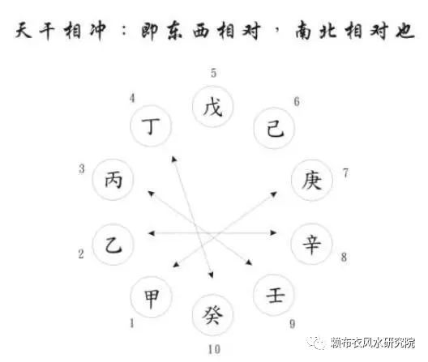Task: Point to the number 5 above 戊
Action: pos(213,73)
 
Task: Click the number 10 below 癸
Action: pos(214,350)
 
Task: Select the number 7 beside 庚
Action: pos(345,173)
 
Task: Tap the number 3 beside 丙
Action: pos(82,169)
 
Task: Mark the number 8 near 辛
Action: pos(344,257)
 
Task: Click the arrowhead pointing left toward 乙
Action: pos(151,233)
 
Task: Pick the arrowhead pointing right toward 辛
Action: pos(273,232)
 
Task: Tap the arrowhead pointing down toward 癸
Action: pos(211,275)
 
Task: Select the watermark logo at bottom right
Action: pos(315,343)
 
